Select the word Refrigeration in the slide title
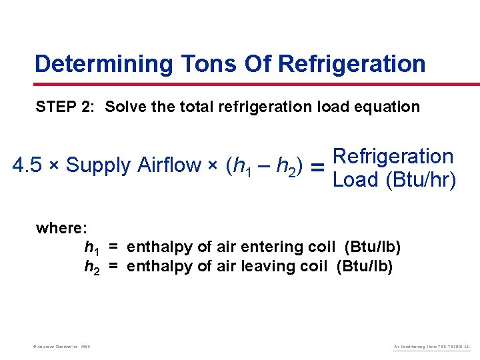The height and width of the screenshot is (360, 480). click(x=351, y=64)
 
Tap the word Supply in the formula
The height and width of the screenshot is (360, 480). click(x=99, y=165)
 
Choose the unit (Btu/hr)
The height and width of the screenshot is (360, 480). click(x=421, y=180)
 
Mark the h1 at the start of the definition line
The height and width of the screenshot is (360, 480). click(x=91, y=248)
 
